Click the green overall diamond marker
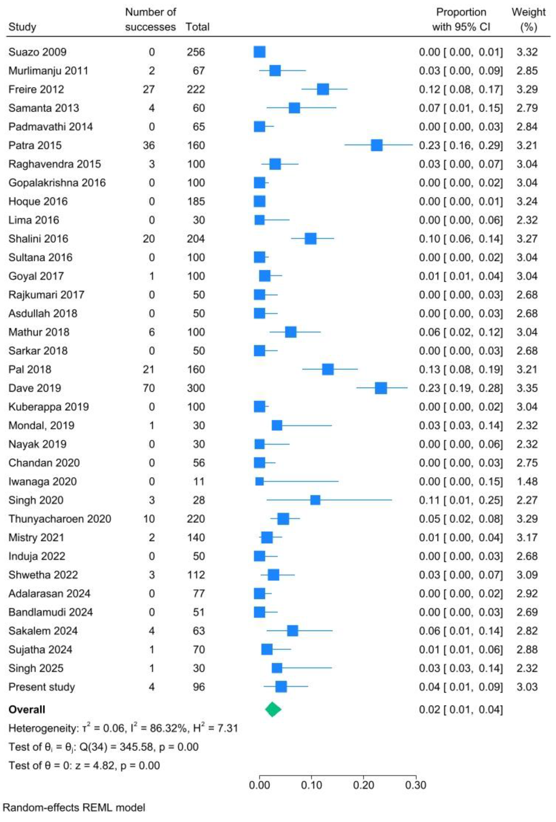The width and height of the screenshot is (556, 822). (x=273, y=709)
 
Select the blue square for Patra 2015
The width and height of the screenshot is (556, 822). (x=376, y=145)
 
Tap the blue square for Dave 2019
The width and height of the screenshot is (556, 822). (x=380, y=388)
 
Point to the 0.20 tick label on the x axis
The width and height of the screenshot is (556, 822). (x=363, y=785)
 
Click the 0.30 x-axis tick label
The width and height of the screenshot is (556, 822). (x=416, y=785)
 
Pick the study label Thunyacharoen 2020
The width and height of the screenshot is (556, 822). (x=60, y=519)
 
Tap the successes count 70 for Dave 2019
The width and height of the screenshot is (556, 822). (x=149, y=388)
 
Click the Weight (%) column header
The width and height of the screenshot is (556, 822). (x=528, y=20)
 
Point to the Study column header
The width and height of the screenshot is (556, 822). (x=22, y=27)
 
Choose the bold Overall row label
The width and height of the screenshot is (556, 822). (x=27, y=710)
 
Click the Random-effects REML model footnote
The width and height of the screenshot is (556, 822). (x=74, y=808)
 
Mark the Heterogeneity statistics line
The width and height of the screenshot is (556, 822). (x=123, y=728)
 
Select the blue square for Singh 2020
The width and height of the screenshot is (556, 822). (x=315, y=500)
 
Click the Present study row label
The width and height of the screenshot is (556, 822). (x=42, y=687)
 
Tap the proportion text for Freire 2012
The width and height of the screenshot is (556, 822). (x=460, y=89)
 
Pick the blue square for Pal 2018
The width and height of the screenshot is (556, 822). (x=328, y=369)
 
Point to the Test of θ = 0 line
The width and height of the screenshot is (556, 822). (x=84, y=765)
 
